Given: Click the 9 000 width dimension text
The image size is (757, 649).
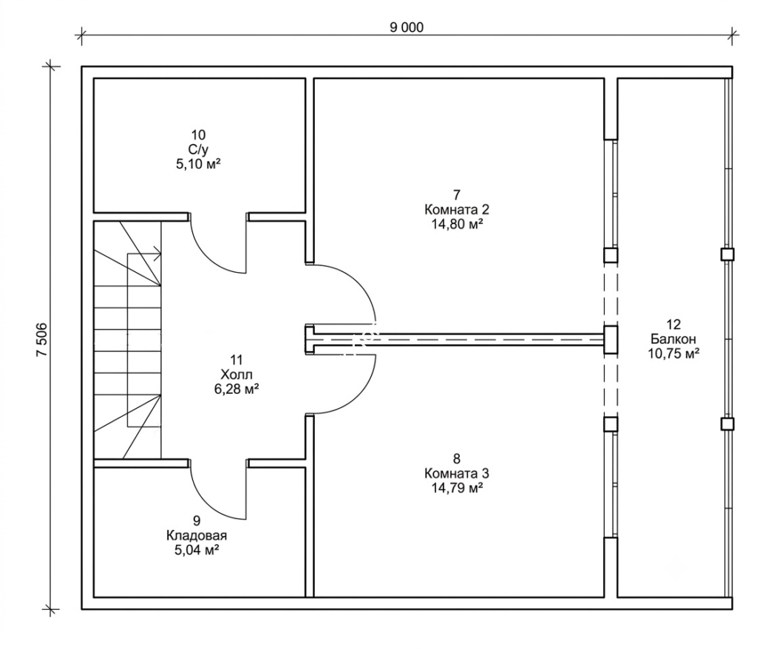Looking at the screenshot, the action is coord(407,27).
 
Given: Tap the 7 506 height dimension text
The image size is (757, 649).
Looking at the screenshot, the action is coord(42,339).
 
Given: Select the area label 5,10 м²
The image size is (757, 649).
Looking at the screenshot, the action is coord(198,164).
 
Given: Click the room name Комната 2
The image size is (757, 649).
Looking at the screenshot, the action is coord(457,210).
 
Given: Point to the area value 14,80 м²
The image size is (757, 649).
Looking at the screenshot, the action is coord(457,224).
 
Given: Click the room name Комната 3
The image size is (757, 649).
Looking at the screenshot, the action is coord(457,473).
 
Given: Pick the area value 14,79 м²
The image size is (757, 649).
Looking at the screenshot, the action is coord(457,488).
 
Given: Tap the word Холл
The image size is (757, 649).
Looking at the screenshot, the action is coord(237,374).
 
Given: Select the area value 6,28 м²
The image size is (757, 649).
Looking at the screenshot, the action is coord(237,389).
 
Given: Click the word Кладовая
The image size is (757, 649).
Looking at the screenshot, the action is coord(197,535).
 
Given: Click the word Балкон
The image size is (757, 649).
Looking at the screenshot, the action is coord(673,339).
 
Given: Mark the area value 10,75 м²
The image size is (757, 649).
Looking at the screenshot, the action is coord(674,353).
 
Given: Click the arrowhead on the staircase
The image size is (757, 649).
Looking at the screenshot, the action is coord(158,251).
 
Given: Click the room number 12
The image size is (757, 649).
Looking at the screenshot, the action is coord(673,324).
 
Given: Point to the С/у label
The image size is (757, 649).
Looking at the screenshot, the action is coord(198,150).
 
